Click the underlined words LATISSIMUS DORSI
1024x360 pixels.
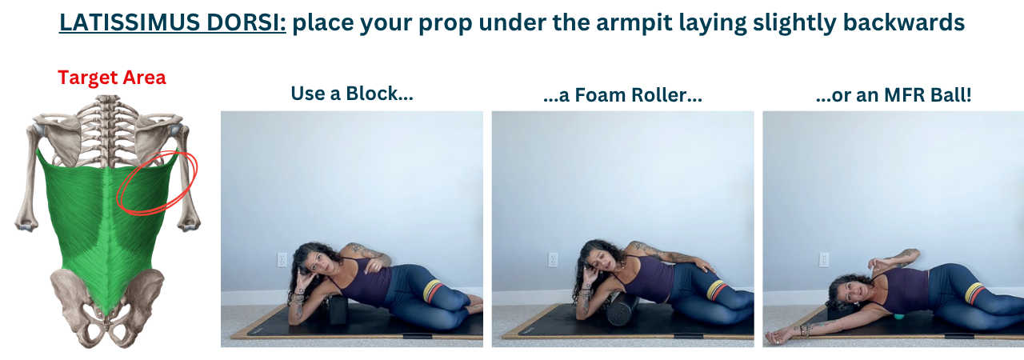click(x=172, y=22)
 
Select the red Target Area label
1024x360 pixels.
click(x=111, y=78)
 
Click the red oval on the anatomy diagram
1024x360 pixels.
click(x=158, y=182)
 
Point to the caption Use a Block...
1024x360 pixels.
click(x=352, y=93)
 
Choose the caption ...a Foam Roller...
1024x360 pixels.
click(x=622, y=95)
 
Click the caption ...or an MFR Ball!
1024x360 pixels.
click(x=894, y=95)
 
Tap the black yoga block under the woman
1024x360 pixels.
click(x=338, y=310)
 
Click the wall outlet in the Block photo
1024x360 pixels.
click(x=282, y=260)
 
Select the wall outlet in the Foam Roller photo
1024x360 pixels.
click(x=553, y=260)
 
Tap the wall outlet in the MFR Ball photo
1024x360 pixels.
click(x=824, y=260)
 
